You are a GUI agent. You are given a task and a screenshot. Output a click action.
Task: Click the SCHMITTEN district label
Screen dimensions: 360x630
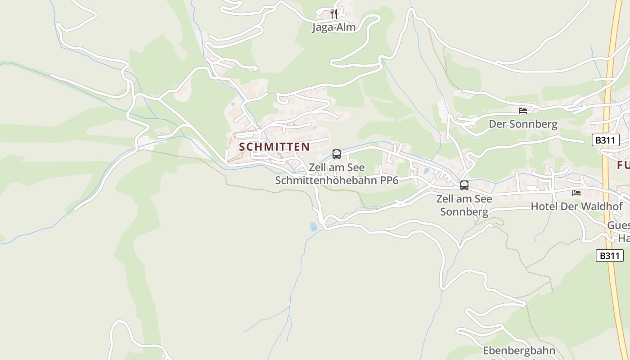(x=274, y=147)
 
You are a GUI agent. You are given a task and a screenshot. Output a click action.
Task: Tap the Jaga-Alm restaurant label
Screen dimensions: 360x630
(x=333, y=27)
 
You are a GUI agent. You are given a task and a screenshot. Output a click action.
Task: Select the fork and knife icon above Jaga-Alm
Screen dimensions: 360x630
(x=333, y=13)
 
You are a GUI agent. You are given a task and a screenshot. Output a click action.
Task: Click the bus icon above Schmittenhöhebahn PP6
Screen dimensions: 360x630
(x=336, y=154)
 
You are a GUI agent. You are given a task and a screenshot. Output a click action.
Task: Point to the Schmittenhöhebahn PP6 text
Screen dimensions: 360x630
(x=337, y=180)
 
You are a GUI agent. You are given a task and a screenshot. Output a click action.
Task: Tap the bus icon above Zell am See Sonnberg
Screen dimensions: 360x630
(x=464, y=185)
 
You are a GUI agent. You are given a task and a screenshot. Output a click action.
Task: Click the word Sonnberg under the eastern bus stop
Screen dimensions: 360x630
(x=464, y=211)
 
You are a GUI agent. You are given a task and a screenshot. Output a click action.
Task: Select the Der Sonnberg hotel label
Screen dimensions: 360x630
(x=523, y=124)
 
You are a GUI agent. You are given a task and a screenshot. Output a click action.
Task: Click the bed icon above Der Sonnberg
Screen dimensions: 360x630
(x=522, y=110)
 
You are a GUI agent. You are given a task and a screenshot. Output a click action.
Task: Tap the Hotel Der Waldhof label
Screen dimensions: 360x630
(x=577, y=206)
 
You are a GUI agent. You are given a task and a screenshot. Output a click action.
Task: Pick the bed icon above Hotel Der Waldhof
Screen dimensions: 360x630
(x=576, y=193)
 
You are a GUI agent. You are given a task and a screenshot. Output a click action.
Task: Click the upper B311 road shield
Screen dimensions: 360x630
(x=605, y=140)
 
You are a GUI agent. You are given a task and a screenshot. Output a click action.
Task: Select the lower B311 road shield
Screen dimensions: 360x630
(x=610, y=256)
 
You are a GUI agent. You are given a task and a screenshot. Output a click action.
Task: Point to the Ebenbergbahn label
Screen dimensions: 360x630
(x=519, y=350)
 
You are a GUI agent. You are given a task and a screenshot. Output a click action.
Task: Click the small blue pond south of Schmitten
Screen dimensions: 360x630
(x=313, y=227)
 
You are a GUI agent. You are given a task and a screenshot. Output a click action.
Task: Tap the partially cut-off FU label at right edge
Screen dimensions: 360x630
(x=623, y=165)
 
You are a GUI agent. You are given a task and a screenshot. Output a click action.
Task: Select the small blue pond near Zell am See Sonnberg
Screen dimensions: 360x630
(x=426, y=171)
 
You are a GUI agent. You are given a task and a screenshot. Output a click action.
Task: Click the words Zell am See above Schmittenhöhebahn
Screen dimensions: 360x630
(x=337, y=167)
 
